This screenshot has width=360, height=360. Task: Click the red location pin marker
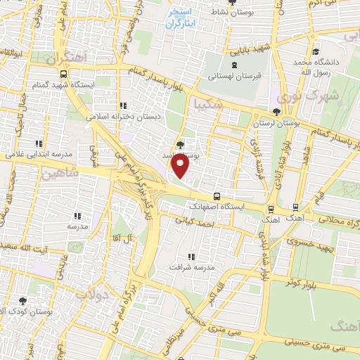point(181,166)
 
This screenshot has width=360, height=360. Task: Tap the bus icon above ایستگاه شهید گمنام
point(64,73)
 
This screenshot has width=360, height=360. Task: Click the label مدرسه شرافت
point(192,268)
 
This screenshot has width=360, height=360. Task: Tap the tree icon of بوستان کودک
point(23,300)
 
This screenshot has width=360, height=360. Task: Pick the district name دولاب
point(110,297)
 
